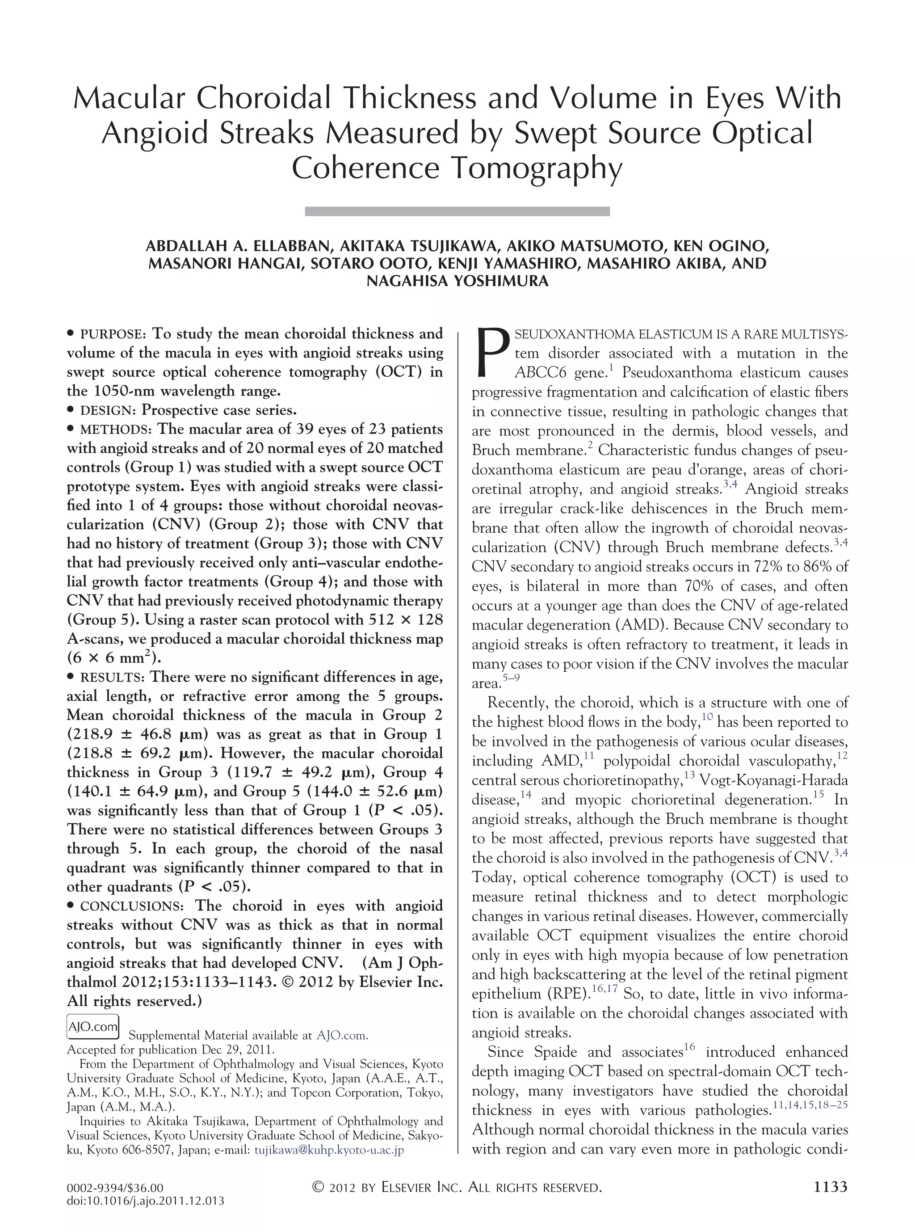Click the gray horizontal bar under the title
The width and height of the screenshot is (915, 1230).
point(457,211)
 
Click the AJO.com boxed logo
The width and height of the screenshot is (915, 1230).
point(93,1027)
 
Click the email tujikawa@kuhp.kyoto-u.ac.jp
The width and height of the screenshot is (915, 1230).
point(329,1150)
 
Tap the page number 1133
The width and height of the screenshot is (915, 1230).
point(831,1186)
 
